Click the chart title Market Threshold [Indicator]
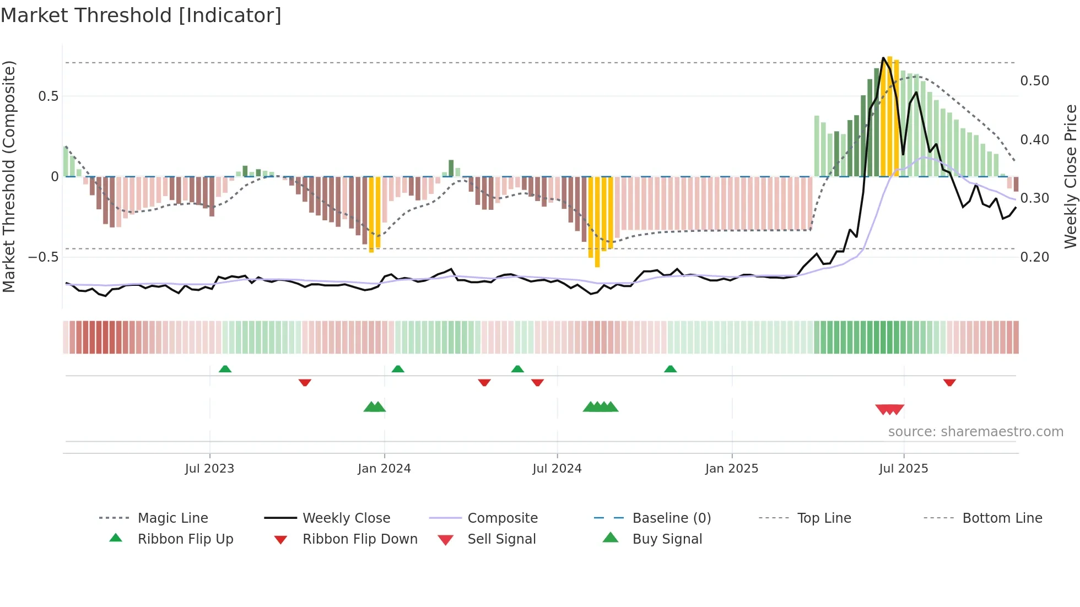coord(141,15)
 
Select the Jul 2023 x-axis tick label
coord(209,469)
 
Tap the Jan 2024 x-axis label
coord(384,469)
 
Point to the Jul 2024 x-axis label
coord(557,469)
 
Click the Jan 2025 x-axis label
coord(732,469)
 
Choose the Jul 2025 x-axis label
coord(904,469)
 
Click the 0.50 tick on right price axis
coord(1034,81)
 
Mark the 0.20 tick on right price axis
coord(1034,257)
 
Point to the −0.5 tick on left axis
coord(44,257)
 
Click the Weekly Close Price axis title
coord(1070,176)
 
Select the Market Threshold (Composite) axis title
coord(9,176)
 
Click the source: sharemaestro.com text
coord(975,432)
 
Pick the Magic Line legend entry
coord(172,518)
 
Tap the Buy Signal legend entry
coord(667,539)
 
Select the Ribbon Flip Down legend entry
coord(359,539)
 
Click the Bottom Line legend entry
coord(1002,518)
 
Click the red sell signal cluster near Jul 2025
coord(889,409)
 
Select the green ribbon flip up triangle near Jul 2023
coord(225,369)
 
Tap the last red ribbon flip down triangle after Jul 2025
coord(949,382)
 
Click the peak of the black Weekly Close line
coord(883,58)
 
